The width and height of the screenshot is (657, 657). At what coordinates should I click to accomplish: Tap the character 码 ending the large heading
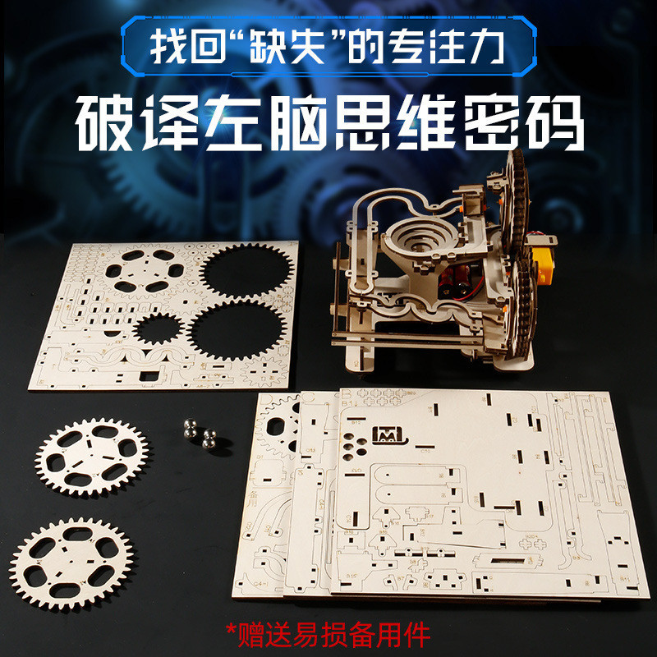coord(555,122)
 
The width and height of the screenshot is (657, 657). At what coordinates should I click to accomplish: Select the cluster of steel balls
coord(200,433)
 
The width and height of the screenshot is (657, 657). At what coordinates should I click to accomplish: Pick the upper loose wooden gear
coord(91,457)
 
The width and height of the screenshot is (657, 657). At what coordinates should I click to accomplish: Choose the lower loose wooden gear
coord(71,563)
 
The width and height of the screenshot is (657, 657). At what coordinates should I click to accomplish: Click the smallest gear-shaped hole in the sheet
coord(159,328)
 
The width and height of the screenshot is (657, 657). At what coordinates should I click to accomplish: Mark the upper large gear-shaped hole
coord(247,271)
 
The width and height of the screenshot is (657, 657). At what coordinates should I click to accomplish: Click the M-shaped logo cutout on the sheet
coord(388,435)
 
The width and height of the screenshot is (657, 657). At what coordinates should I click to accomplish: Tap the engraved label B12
coord(356,423)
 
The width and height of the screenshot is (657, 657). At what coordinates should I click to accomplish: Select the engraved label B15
coord(351,577)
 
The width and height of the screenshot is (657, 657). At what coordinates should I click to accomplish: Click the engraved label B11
coord(624,579)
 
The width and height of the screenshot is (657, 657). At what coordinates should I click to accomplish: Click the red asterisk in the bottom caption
coord(231,629)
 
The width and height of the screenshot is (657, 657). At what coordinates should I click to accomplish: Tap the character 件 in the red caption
coord(417,635)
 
